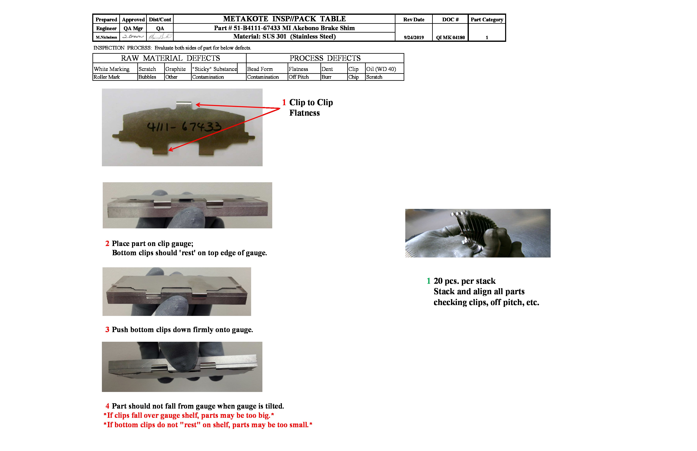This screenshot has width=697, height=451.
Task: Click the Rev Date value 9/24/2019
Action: click(413, 38)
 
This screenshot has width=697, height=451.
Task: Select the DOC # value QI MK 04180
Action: click(450, 38)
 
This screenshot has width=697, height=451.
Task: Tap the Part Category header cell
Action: click(487, 20)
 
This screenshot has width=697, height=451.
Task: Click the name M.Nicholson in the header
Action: click(106, 37)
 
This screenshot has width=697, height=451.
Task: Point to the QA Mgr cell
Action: click(133, 28)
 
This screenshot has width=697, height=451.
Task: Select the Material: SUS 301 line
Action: click(284, 37)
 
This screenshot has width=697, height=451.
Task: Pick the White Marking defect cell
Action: click(112, 69)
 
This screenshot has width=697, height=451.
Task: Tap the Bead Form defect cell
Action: click(260, 69)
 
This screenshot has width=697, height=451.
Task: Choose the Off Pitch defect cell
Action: click(298, 77)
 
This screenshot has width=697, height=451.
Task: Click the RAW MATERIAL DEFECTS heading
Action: click(170, 58)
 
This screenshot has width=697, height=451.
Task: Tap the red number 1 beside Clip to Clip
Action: click(284, 102)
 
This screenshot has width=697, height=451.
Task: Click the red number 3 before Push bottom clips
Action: click(107, 330)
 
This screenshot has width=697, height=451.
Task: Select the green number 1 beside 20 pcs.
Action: click(428, 281)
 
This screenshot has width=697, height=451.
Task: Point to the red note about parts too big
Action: click(189, 415)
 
